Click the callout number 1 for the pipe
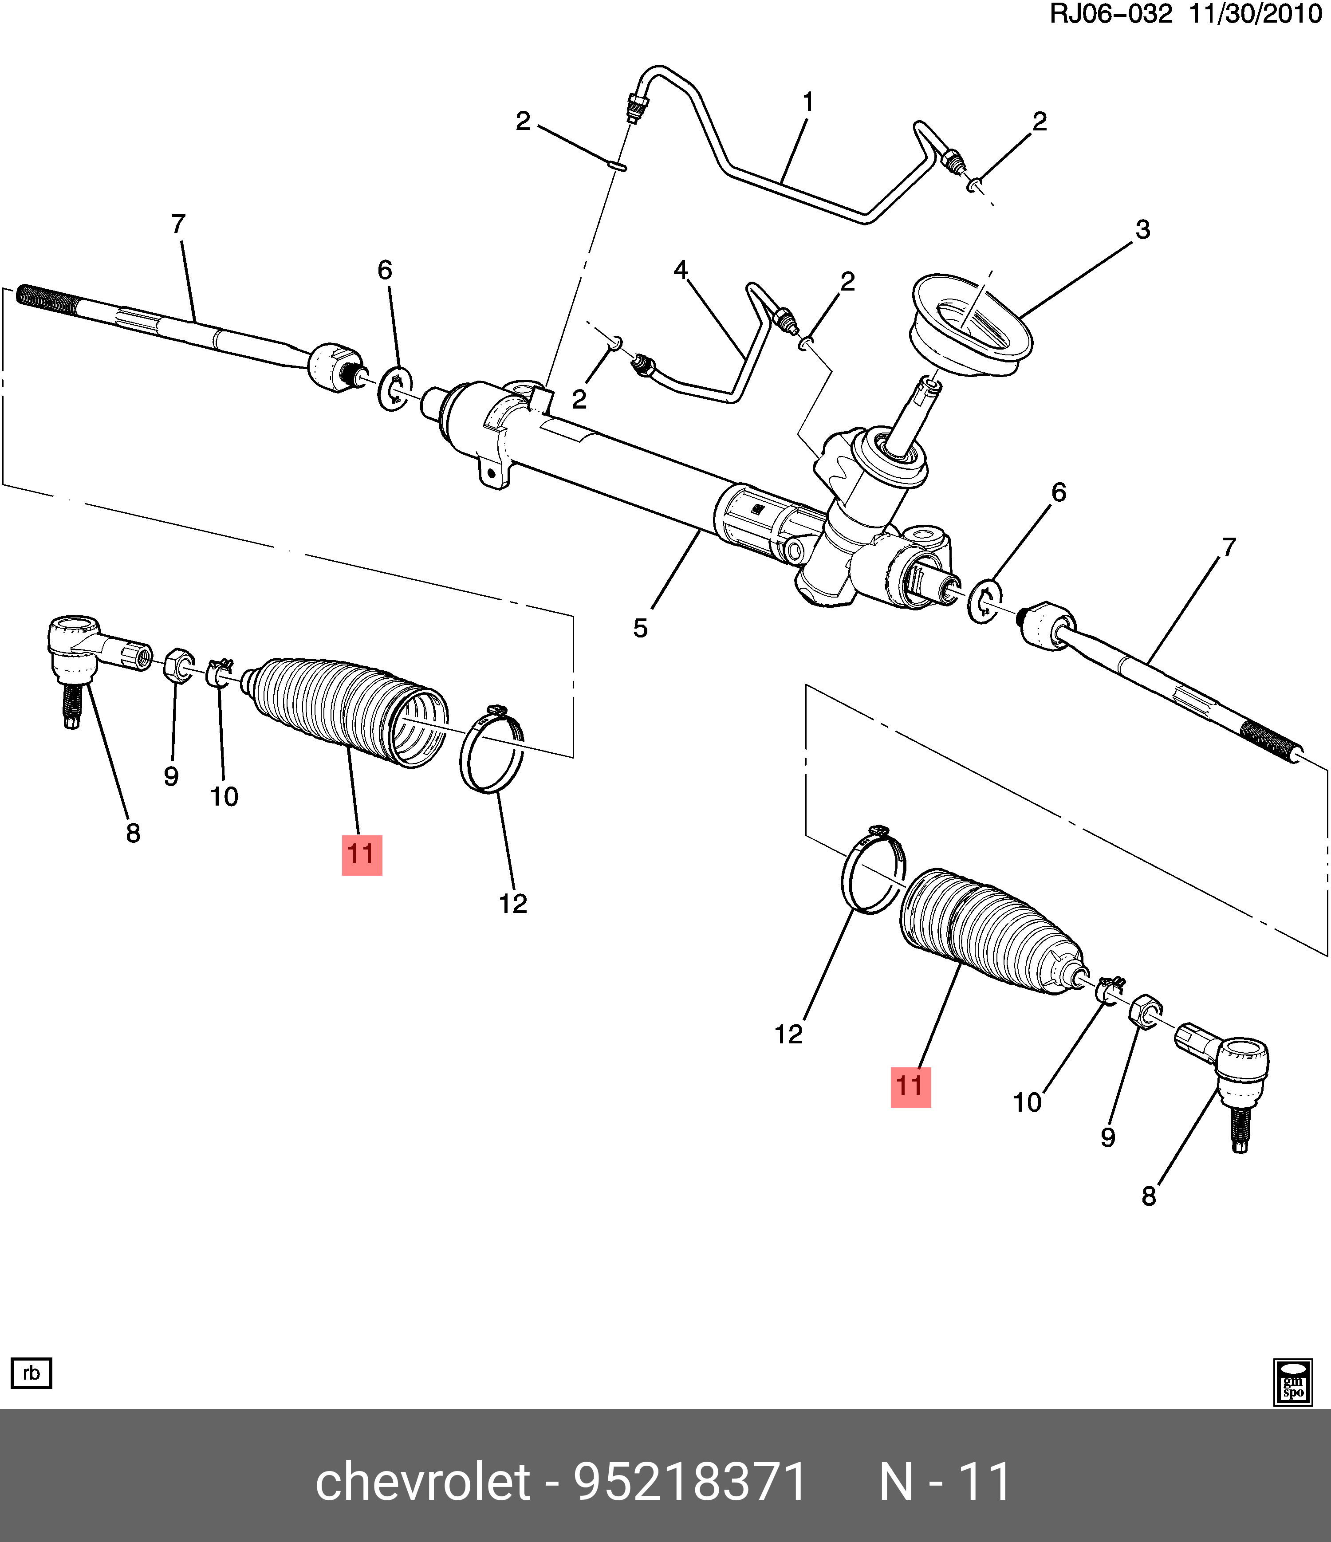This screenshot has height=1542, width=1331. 807,102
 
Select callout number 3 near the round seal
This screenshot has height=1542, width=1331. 1143,230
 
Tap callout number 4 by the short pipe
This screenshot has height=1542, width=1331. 681,270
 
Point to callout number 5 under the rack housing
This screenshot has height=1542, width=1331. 640,628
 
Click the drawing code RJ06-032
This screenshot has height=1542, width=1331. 1110,14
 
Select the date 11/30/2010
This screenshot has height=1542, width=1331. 1255,14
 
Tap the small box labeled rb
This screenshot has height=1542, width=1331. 31,1373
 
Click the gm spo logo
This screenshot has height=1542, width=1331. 1293,1381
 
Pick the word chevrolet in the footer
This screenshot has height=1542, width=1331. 423,1481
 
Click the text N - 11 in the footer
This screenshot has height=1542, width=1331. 945,1481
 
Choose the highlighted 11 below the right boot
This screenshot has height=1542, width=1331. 910,1086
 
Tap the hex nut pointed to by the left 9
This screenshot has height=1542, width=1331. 179,663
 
